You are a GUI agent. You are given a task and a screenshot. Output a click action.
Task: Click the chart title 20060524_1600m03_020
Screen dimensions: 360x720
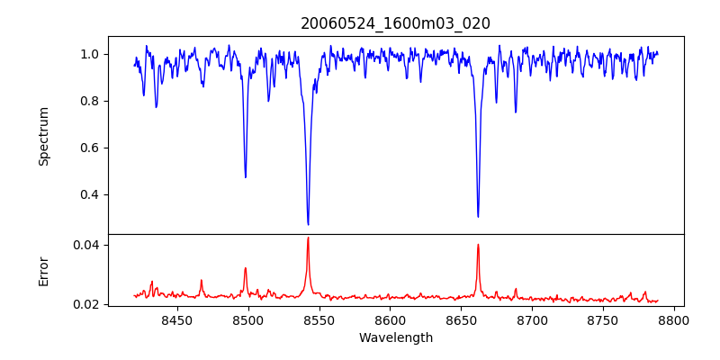pos(395,23)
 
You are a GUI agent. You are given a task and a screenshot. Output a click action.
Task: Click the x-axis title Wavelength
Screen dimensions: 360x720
pos(395,337)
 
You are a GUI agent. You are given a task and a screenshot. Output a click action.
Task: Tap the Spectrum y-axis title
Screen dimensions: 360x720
pos(43,136)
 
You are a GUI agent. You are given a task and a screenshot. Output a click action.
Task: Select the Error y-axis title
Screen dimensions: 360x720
pos(43,271)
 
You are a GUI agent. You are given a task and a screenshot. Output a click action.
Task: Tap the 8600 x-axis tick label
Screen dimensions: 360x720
pos(390,319)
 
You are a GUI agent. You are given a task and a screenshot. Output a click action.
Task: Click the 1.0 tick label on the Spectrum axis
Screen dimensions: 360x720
pos(90,54)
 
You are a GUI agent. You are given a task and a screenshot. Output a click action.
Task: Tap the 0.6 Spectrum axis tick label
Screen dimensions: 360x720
pos(90,148)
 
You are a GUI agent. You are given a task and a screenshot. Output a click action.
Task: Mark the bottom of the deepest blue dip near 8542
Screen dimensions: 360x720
pos(308,224)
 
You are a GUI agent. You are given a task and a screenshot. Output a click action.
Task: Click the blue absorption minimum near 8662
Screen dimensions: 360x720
pos(478,216)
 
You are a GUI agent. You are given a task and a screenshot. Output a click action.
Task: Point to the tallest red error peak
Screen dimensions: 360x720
pos(308,238)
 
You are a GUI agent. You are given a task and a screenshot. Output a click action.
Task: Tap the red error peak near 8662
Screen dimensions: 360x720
pos(478,245)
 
